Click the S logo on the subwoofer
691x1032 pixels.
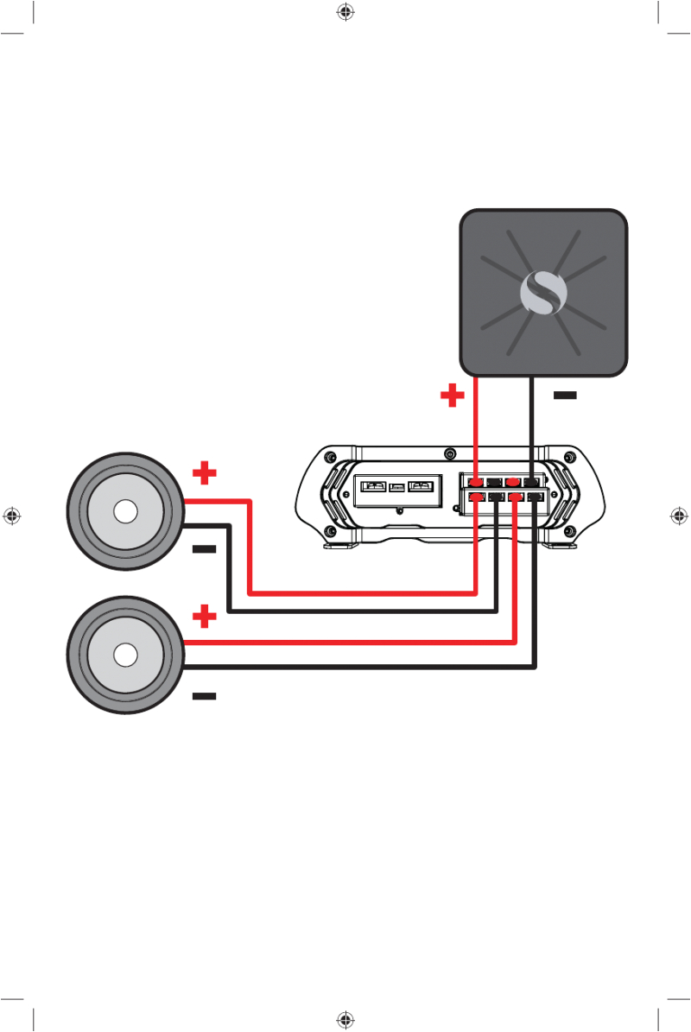543,294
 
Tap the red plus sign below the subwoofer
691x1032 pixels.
452,396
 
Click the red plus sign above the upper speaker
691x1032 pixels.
205,473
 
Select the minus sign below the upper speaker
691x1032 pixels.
205,549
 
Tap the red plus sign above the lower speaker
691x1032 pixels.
205,617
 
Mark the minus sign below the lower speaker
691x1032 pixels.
205,695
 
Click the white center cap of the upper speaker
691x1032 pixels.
125,512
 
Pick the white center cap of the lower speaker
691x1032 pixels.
125,655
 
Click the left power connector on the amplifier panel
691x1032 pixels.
374,486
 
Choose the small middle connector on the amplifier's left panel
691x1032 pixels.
397,488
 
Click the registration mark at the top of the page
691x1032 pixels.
345,12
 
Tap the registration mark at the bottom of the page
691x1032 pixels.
345,1020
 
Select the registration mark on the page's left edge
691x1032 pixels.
12,516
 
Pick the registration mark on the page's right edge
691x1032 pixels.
678,516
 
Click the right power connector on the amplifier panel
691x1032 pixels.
421,486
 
